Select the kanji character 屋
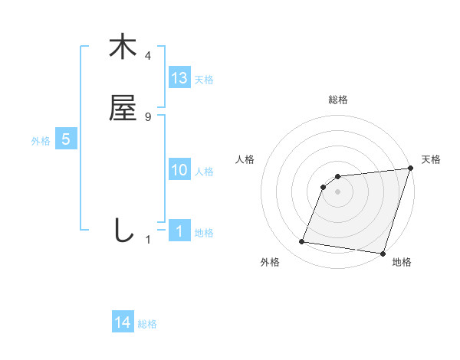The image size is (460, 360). (123, 108)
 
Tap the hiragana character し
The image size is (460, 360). (123, 231)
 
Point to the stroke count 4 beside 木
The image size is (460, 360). (148, 56)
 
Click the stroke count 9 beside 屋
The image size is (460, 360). (148, 116)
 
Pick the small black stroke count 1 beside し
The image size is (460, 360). (149, 240)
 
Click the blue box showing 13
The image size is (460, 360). (179, 77)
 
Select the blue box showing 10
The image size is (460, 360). (179, 170)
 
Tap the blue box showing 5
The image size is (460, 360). (66, 140)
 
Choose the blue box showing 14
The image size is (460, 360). (123, 323)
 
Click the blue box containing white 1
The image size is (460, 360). (179, 231)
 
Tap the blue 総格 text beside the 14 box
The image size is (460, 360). (147, 324)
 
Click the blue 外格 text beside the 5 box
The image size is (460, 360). (41, 141)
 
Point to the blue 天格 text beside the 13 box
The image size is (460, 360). (204, 79)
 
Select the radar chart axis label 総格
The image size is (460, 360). (338, 100)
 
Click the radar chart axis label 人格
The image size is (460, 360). (245, 159)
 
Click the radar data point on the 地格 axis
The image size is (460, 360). (383, 254)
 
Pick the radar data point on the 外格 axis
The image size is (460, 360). (302, 242)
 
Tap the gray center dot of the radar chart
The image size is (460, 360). (338, 191)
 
